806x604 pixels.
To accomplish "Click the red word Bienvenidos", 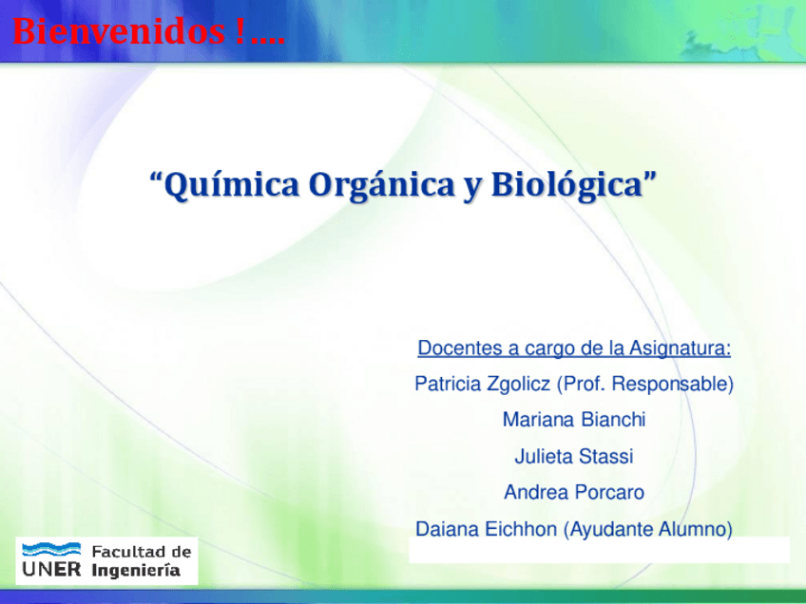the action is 119,30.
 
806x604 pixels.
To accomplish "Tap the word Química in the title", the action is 231,185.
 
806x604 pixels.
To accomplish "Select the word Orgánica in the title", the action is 382,186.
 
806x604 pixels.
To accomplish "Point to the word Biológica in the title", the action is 567,185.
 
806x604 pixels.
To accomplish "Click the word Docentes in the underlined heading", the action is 460,348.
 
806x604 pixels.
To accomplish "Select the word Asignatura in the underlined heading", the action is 680,348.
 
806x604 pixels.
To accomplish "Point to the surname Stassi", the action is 606,456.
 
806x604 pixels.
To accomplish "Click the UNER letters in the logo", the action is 51,569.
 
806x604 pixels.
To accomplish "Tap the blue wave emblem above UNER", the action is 51,550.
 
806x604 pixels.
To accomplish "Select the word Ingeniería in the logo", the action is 136,571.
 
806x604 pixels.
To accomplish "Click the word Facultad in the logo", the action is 125,552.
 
